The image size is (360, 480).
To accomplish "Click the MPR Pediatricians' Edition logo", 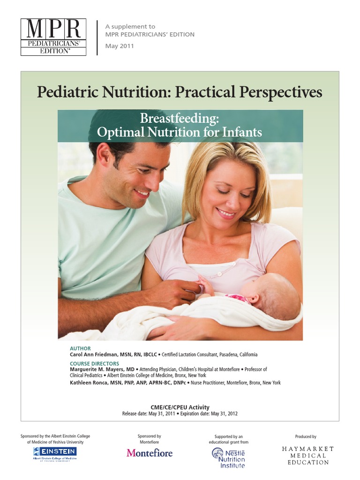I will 53,37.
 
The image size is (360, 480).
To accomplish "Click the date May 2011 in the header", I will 120,46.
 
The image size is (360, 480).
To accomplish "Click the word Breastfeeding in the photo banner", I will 180,119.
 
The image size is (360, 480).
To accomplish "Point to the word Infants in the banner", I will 240,132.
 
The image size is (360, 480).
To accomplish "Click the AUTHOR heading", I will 80,349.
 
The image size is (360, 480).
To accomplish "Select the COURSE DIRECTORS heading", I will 94,363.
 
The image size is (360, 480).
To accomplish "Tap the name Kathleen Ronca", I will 90,382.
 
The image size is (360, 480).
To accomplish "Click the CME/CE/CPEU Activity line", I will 180,407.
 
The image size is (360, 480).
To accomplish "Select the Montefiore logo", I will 150,453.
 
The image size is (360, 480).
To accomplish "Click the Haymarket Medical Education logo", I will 308,456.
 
